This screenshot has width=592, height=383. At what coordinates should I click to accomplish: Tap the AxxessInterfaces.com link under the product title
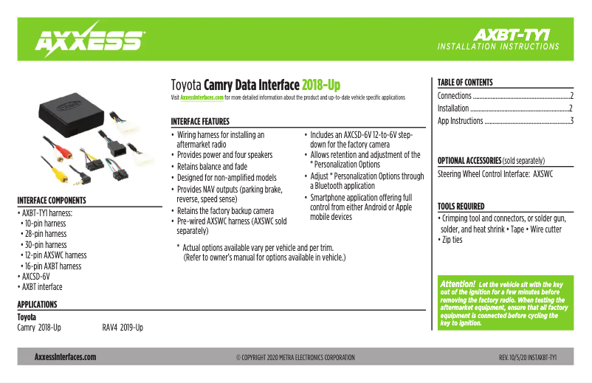coord(202,97)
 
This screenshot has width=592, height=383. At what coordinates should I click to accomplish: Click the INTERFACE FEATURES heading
coord(200,121)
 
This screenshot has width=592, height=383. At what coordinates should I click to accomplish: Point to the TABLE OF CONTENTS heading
coord(465,83)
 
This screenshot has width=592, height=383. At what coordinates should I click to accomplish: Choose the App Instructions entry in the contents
coord(461,121)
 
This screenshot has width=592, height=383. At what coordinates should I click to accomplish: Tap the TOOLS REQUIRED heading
coord(461,207)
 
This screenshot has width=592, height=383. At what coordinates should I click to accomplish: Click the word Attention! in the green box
coord(457,283)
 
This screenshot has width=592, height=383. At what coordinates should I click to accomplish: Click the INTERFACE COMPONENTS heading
coord(52,200)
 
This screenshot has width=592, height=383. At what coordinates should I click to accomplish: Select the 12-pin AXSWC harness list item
coord(55,255)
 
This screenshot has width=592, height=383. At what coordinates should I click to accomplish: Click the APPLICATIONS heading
coord(37,305)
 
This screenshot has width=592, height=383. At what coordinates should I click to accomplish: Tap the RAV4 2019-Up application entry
coord(123,327)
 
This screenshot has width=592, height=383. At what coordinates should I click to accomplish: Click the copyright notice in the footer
coord(295,357)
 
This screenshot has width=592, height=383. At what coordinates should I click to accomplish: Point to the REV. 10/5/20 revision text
coord(527,357)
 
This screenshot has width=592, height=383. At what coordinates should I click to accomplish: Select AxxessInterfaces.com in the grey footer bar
coord(65,357)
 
